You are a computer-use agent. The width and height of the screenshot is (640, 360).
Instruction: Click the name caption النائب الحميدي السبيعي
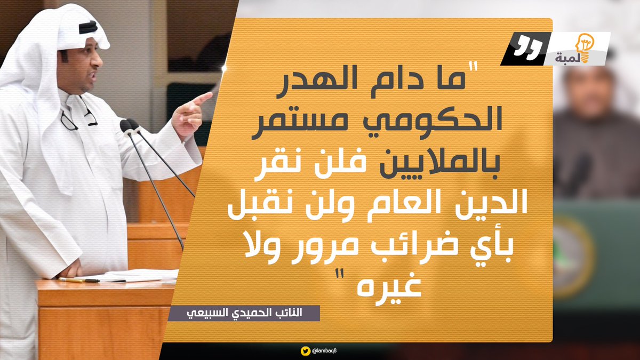(244, 313)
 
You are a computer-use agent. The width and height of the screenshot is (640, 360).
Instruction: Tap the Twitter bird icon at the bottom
(305, 350)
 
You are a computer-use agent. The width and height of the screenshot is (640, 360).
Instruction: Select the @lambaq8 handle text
(327, 350)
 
